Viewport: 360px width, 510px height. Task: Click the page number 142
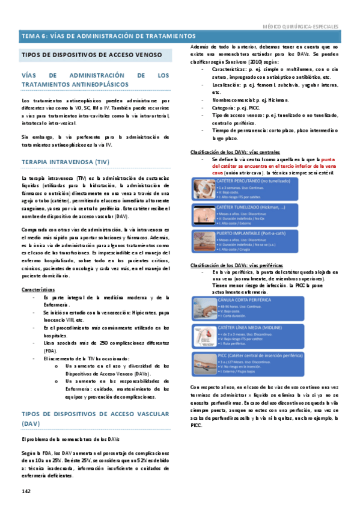(x=26, y=491)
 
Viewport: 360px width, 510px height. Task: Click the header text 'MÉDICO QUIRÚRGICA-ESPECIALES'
(x=302, y=27)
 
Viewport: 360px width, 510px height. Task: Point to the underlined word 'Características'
(x=38, y=289)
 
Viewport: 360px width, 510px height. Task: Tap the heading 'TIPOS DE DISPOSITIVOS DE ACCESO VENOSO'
(x=92, y=55)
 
